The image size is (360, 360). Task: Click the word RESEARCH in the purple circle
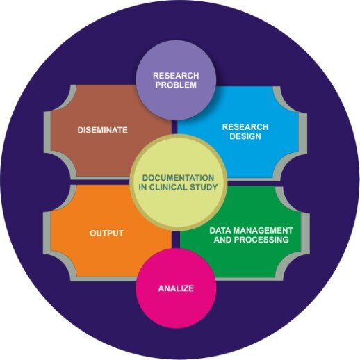[176, 76]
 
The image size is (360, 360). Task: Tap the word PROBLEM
[176, 85]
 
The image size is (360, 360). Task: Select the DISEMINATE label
[102, 130]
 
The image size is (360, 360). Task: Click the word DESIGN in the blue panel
[245, 136]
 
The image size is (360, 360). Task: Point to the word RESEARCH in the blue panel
[245, 127]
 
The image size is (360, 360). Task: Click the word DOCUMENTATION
[178, 178]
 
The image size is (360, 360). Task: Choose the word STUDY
[204, 187]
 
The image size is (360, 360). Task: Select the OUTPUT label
[106, 233]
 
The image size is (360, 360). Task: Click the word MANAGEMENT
[261, 230]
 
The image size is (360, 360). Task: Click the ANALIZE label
[176, 288]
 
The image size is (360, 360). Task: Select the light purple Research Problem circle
[176, 80]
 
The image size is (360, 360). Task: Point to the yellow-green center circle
[178, 182]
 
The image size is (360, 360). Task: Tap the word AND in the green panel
[223, 240]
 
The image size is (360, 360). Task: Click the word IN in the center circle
[142, 187]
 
